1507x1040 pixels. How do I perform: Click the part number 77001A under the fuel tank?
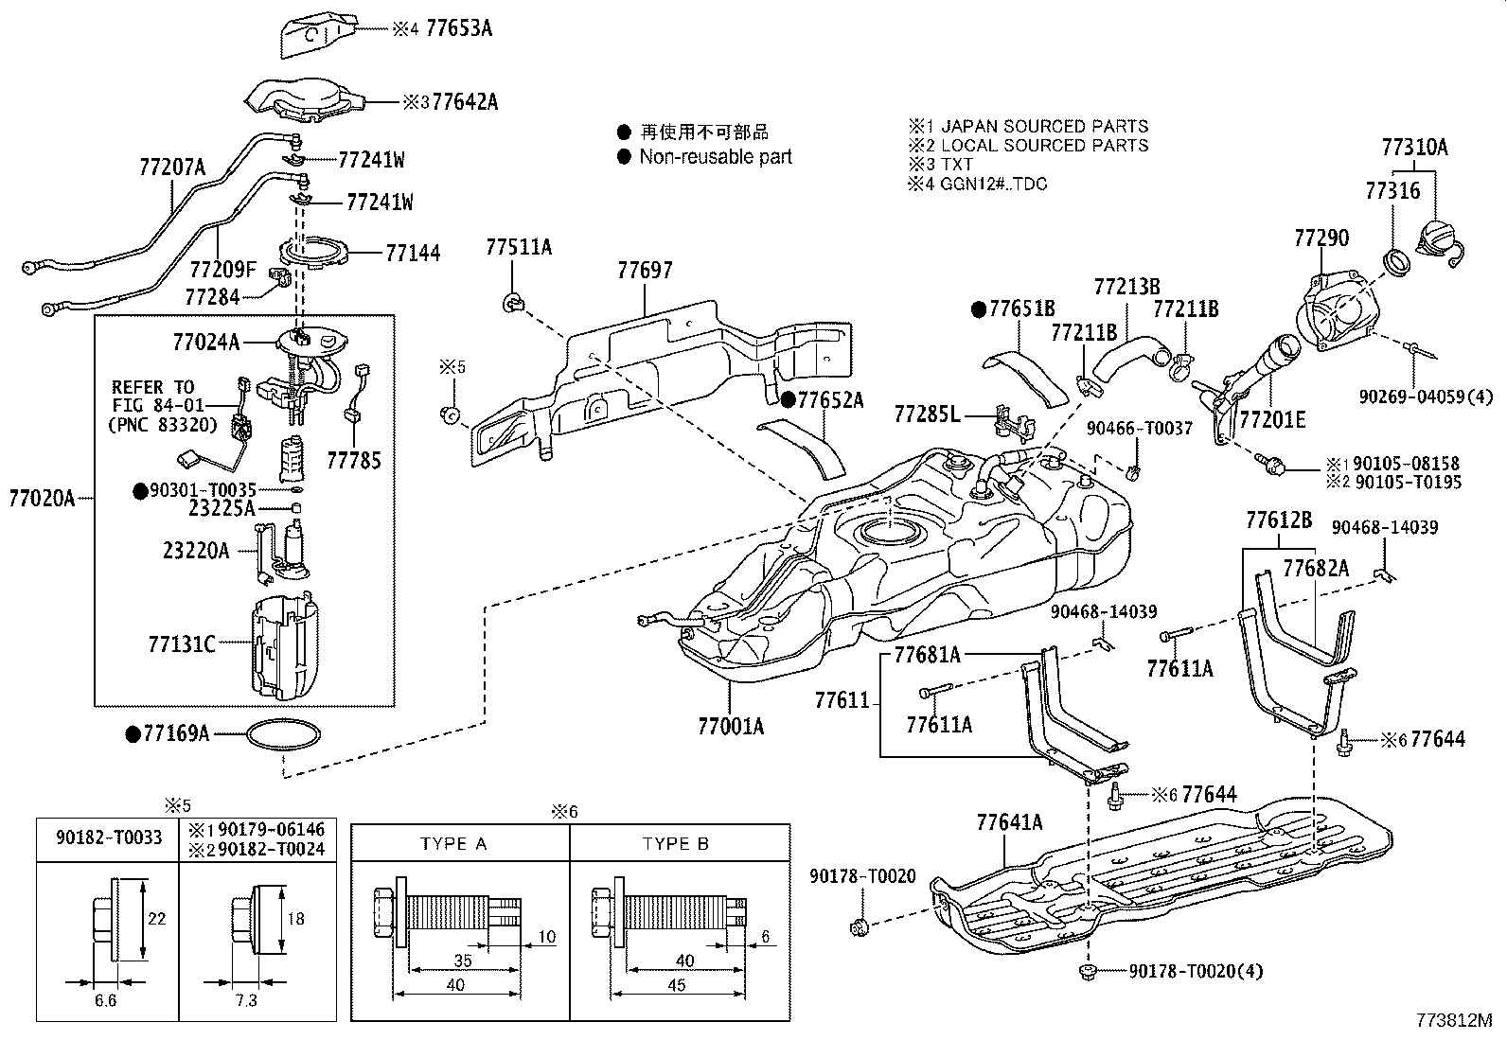[x=730, y=726]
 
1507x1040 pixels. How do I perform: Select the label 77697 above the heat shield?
[x=645, y=271]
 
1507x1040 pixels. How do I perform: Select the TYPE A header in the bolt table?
[x=453, y=843]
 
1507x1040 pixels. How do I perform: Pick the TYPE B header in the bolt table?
[x=675, y=843]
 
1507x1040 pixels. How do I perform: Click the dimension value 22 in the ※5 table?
[x=157, y=918]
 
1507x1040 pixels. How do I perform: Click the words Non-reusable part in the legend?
[x=715, y=157]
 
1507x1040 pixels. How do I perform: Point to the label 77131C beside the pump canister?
[x=182, y=644]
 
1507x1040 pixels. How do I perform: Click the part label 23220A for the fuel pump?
[x=196, y=550]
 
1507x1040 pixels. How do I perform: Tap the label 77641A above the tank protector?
[x=1009, y=822]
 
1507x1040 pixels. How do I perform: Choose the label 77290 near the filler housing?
[x=1321, y=238]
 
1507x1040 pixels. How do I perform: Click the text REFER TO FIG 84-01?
[x=152, y=397]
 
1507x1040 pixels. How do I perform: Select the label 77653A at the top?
[x=459, y=28]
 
